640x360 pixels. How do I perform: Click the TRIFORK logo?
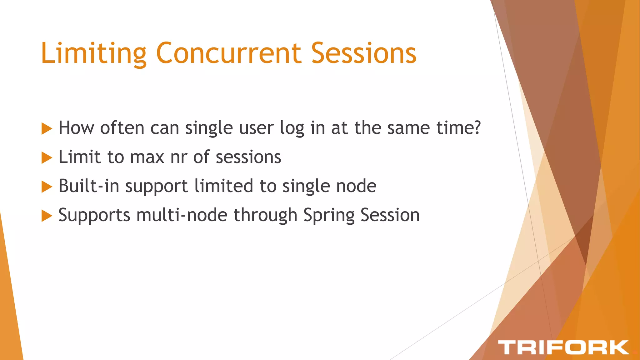563,347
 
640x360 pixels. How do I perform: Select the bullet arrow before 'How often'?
47,128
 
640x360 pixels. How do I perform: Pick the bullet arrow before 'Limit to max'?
47,157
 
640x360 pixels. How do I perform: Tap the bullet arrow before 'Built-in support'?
47,187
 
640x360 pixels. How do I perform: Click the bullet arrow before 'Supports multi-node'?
47,216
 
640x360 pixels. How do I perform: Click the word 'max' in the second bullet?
147,157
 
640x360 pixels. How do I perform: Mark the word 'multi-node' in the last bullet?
182,215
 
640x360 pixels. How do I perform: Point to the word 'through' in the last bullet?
265,216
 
